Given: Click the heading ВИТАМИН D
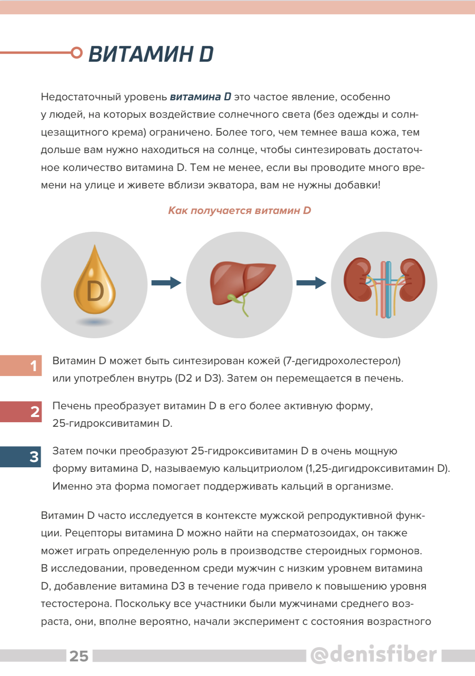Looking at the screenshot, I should [x=151, y=54].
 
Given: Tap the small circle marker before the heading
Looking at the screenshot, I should [x=76, y=53].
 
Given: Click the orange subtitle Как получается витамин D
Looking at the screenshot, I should [x=239, y=210].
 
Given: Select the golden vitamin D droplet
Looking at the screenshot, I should [x=95, y=282].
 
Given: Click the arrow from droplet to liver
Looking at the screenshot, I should [x=166, y=283].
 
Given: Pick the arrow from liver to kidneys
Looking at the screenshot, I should [x=311, y=283].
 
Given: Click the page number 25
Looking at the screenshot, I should [x=79, y=656].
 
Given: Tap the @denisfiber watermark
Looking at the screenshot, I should [x=374, y=654].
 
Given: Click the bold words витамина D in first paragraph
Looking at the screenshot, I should [x=200, y=97].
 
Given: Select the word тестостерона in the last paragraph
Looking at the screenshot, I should [x=76, y=604].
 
